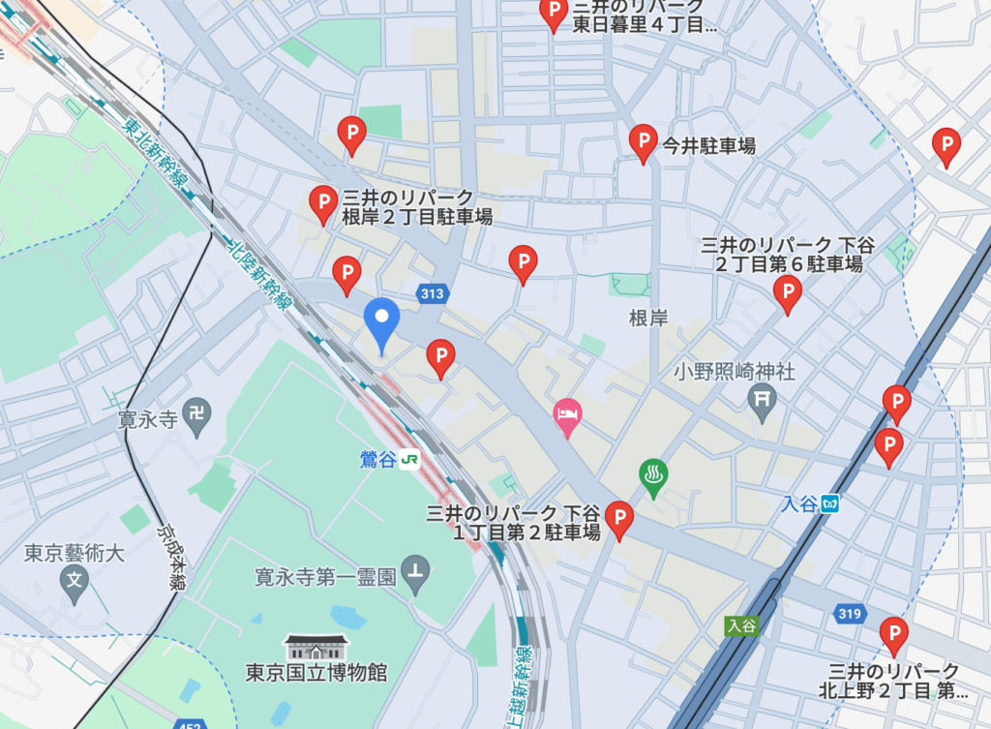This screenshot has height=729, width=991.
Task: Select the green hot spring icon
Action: [654, 475]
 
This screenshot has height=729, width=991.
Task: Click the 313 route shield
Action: [431, 291]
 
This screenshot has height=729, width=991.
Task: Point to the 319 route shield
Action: [848, 614]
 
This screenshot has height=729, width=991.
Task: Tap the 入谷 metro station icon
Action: [829, 503]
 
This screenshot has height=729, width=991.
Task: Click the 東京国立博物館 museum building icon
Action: [315, 645]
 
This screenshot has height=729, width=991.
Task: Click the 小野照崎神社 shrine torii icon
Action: [763, 397]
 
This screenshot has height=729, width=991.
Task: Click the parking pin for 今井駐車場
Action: [644, 141]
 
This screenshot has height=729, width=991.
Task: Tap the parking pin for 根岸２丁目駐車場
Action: [322, 202]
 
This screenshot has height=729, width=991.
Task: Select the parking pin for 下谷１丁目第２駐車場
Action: [618, 519]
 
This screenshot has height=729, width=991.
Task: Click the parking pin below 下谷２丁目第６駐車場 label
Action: [789, 292]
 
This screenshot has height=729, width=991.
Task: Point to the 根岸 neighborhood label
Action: [647, 319]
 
